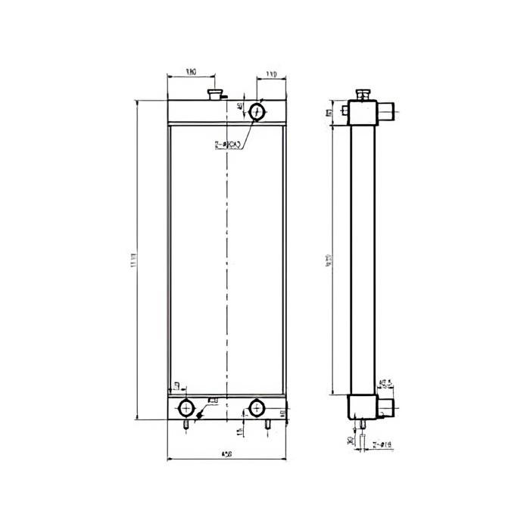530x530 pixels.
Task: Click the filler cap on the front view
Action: coord(215,94)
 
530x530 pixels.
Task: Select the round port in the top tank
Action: coord(257,112)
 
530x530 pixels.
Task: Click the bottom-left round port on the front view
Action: coord(185,409)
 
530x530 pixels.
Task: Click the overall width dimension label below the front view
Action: coord(226,454)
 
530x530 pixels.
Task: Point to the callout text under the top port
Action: coord(228,144)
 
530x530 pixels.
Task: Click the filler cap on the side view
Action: coord(363,95)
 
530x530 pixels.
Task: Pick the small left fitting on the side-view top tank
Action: coord(346,111)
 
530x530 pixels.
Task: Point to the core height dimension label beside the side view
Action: coord(329,260)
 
